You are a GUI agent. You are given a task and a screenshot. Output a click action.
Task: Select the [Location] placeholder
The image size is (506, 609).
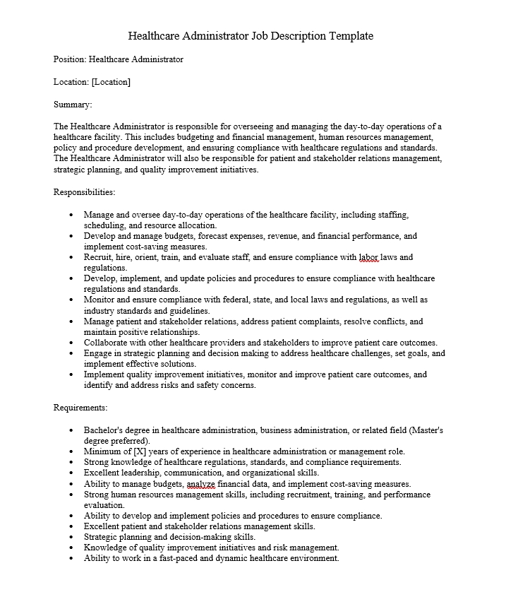pyautogui.click(x=111, y=82)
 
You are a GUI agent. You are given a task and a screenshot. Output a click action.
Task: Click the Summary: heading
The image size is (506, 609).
pyautogui.click(x=73, y=105)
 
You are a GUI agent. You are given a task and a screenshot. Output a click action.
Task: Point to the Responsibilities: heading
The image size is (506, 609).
pyautogui.click(x=85, y=191)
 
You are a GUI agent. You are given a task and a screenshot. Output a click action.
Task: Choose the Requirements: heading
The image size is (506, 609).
pyautogui.click(x=80, y=408)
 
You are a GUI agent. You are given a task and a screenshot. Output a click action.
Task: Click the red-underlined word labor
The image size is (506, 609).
pyautogui.click(x=369, y=258)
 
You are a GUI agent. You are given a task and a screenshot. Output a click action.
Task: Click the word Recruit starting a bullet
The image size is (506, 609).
pyautogui.click(x=98, y=258)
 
